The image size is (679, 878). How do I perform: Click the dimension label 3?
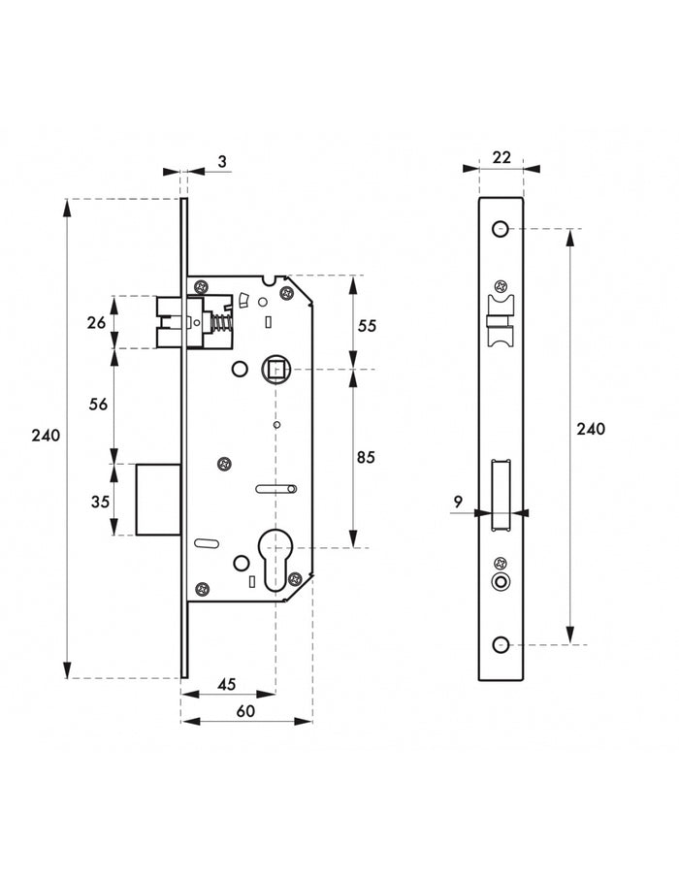(222, 161)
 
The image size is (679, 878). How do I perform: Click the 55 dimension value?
(367, 327)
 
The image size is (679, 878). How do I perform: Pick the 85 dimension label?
(367, 456)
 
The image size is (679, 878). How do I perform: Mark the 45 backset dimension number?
(227, 684)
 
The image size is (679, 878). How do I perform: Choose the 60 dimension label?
(245, 711)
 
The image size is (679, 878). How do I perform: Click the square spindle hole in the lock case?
(274, 369)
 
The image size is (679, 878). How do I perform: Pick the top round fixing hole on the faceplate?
(501, 229)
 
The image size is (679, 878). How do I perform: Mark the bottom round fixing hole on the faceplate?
(501, 644)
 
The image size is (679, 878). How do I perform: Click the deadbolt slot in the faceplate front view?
(501, 495)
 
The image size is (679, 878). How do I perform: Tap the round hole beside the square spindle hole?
(240, 370)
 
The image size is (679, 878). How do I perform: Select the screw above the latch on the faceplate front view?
(501, 286)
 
